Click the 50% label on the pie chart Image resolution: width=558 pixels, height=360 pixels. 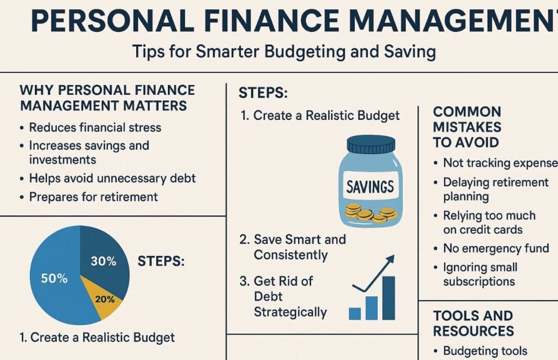54,278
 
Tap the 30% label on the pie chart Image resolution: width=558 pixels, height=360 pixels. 104,261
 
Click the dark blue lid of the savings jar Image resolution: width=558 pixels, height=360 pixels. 371,144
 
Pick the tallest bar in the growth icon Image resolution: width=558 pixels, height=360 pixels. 389,298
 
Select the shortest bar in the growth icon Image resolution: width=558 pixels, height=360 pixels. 355,313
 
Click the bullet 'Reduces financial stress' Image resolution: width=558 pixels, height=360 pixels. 95,127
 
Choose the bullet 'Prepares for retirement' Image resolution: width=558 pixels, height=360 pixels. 93,196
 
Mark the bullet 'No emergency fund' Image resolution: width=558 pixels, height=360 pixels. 495,248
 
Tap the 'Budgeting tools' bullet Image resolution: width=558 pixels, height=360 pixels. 484,351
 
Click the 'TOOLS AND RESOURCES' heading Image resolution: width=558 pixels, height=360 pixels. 473,323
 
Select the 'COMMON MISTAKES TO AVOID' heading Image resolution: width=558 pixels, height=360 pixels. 467,127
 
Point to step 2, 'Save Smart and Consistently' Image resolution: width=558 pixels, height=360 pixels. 300,247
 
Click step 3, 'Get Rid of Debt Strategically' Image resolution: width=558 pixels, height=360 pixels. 290,296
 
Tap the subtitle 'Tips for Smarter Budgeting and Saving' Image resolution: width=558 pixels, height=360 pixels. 283,52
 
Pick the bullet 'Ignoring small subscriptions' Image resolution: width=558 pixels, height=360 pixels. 480,274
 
